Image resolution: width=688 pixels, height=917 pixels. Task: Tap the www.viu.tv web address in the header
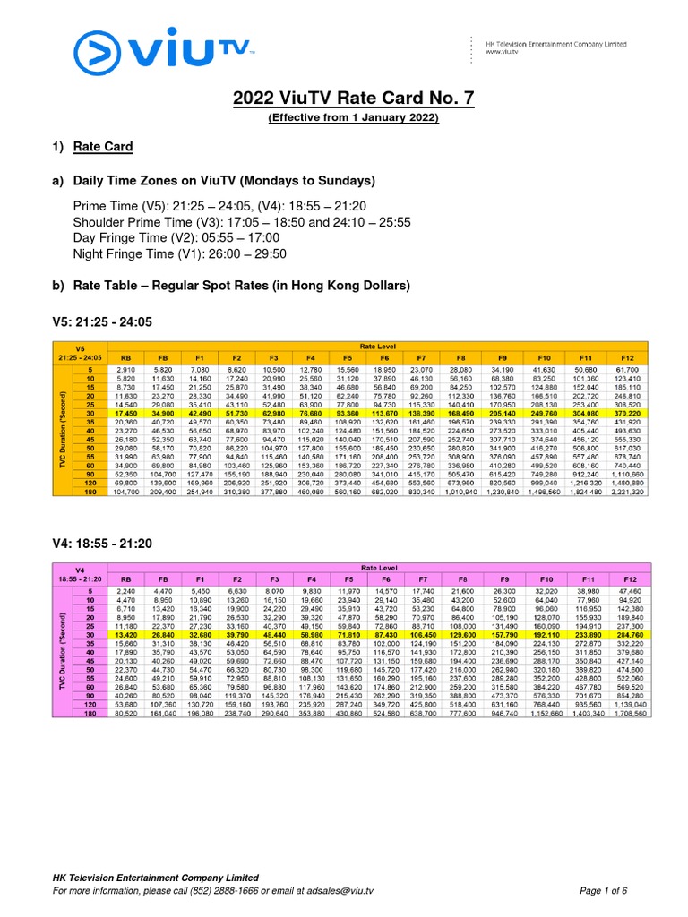tap(504, 52)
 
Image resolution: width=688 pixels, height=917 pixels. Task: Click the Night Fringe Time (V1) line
tap(179, 254)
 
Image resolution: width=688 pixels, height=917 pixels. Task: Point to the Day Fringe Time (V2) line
tap(176, 238)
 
